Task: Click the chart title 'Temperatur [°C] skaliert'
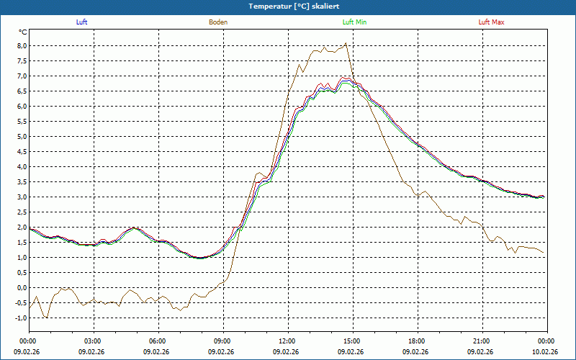pyautogui.click(x=288, y=6)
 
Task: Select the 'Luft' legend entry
pyautogui.click(x=81, y=22)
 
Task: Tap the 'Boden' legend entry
pyautogui.click(x=218, y=22)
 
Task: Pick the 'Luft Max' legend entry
pyautogui.click(x=492, y=22)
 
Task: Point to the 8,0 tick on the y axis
pyautogui.click(x=22, y=46)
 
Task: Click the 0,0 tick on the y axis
pyautogui.click(x=22, y=288)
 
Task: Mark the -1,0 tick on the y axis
pyautogui.click(x=20, y=318)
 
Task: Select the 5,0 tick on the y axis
pyautogui.click(x=22, y=137)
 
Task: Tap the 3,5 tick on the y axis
pyautogui.click(x=22, y=182)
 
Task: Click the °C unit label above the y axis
pyautogui.click(x=23, y=32)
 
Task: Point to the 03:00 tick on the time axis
pyautogui.click(x=93, y=341)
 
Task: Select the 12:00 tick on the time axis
pyautogui.click(x=287, y=341)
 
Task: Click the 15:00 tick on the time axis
pyautogui.click(x=352, y=341)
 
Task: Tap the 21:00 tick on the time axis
pyautogui.click(x=482, y=341)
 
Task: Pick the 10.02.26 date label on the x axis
pyautogui.click(x=546, y=352)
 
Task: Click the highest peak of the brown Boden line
pyautogui.click(x=346, y=43)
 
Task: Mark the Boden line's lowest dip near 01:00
pyautogui.click(x=48, y=318)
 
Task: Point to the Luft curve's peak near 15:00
pyautogui.click(x=346, y=78)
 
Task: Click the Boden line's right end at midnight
pyautogui.click(x=544, y=252)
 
